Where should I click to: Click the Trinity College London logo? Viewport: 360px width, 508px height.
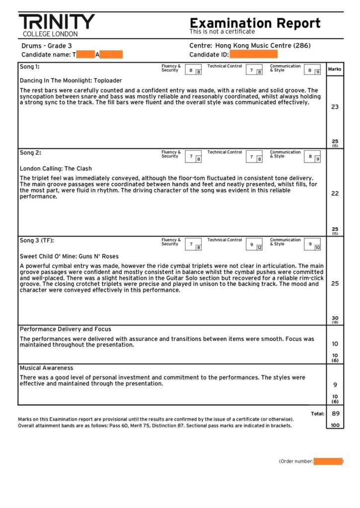(57, 25)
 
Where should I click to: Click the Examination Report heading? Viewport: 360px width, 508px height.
(255, 23)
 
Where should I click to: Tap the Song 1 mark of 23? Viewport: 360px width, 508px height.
(335, 107)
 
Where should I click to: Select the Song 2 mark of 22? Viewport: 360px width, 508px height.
(335, 193)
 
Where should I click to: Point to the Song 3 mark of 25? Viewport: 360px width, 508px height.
(335, 284)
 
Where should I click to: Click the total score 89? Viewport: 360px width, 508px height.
(335, 413)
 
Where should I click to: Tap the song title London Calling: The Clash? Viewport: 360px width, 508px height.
(56, 169)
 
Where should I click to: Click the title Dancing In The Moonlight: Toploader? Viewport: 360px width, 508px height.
(71, 80)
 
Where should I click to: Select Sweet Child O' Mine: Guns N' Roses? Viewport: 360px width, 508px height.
(69, 256)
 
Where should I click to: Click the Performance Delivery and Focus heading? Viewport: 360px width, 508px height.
(65, 329)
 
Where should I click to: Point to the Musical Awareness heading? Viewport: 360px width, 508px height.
(46, 368)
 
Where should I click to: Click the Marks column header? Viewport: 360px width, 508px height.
(335, 69)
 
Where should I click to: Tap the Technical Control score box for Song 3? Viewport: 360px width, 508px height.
(254, 245)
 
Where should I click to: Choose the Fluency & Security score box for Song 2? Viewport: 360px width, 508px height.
(193, 157)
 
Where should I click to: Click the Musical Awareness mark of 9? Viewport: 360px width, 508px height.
(335, 384)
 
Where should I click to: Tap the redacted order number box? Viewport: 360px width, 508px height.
(328, 461)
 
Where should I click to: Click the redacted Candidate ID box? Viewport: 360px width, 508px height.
(253, 55)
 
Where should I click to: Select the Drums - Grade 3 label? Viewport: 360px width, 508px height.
(47, 46)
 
